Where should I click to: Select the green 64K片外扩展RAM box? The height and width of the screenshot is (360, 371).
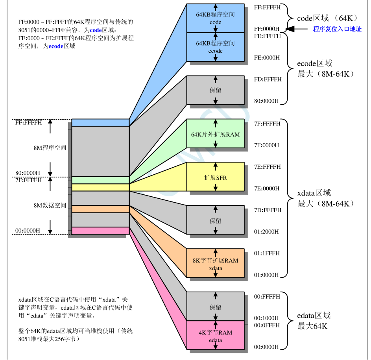pyautogui.click(x=215, y=134)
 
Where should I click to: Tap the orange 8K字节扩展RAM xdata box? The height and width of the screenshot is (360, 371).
pyautogui.click(x=215, y=264)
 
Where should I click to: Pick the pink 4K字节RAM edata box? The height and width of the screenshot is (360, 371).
pyautogui.click(x=215, y=335)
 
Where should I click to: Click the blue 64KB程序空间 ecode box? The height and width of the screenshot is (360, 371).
pyautogui.click(x=215, y=47)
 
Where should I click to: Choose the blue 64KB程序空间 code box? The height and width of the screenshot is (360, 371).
pyautogui.click(x=215, y=18)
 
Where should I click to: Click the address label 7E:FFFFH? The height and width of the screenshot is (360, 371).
pyautogui.click(x=268, y=167)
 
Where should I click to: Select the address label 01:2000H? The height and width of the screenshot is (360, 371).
pyautogui.click(x=267, y=232)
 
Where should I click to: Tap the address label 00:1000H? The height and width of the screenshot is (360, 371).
pyautogui.click(x=267, y=318)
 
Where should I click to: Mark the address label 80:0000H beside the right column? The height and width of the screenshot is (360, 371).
pyautogui.click(x=267, y=101)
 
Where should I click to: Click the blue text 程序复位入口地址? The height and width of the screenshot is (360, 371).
pyautogui.click(x=337, y=29)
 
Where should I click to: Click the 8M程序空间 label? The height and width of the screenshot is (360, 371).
pyautogui.click(x=50, y=148)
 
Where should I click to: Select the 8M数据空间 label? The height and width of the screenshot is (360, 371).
pyautogui.click(x=50, y=205)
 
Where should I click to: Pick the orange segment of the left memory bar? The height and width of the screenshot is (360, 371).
pyautogui.click(x=100, y=209)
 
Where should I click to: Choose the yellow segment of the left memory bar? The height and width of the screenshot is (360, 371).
pyautogui.click(x=100, y=187)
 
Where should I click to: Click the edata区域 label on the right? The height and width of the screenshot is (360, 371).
pyautogui.click(x=314, y=316)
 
